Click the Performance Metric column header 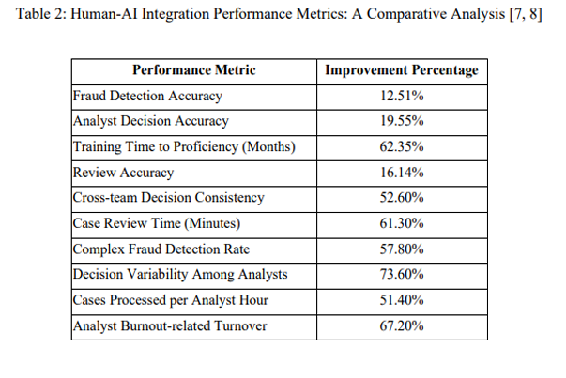193,70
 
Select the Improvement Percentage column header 401,70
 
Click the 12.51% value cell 401,96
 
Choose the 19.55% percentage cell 401,121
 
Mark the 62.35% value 401,146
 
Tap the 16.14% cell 401,173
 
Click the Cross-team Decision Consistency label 168,198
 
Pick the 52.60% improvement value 401,198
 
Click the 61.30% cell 401,223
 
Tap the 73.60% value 401,275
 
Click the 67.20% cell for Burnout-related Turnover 401,325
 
